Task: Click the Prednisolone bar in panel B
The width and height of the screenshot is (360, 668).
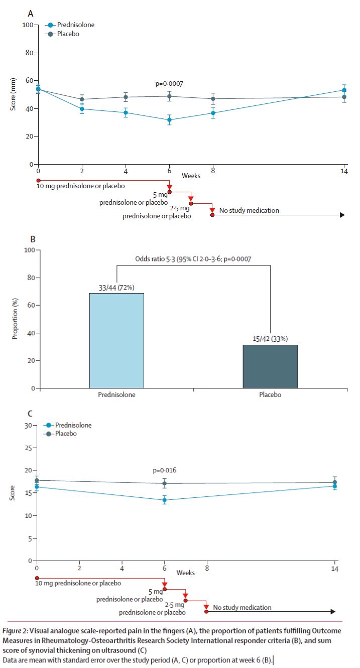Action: pos(116,340)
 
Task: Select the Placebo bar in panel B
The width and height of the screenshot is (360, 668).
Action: pos(270,366)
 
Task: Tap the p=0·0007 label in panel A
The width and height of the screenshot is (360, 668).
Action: pos(169,84)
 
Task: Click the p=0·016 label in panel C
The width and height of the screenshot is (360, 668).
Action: pos(164,470)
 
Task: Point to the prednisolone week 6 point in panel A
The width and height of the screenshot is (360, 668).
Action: pos(170,120)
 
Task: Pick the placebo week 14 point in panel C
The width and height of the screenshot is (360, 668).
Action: pos(335,482)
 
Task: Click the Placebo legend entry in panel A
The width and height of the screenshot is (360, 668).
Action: pos(67,34)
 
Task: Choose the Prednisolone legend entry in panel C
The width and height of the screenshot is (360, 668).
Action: pos(73,425)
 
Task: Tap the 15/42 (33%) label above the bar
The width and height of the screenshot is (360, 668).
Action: pos(270,339)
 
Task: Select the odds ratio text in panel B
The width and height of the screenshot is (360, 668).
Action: pos(193,259)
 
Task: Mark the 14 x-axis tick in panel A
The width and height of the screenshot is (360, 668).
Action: pos(344,171)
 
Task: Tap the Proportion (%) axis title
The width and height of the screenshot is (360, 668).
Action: pos(15,319)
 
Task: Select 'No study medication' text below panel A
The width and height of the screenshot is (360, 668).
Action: pos(250,210)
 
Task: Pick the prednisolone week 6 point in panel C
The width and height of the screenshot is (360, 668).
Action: pos(165,500)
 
